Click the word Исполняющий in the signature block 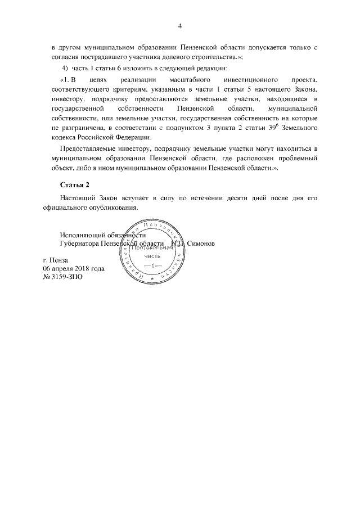pos(79,235)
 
